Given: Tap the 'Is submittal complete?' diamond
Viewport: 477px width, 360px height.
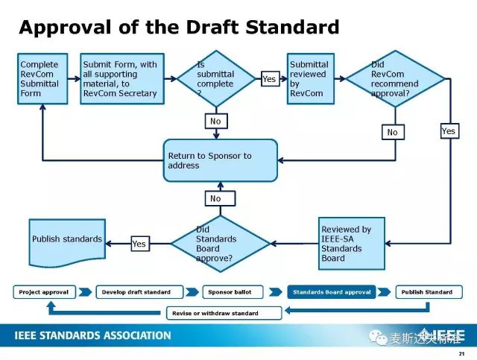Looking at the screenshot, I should (216, 79).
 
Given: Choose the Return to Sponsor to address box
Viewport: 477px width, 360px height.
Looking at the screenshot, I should (220, 160).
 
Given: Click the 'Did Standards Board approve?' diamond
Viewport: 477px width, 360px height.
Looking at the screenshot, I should (220, 244).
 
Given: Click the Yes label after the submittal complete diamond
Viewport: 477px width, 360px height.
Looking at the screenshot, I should (269, 78).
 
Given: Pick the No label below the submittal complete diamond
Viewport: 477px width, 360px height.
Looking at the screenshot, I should (216, 121).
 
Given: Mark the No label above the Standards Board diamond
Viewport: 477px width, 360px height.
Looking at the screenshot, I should (216, 198).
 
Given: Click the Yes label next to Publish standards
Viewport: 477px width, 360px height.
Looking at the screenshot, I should (139, 244).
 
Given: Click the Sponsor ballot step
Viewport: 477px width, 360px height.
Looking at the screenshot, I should (233, 292).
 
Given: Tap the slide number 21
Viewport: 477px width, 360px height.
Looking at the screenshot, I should (462, 353).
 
